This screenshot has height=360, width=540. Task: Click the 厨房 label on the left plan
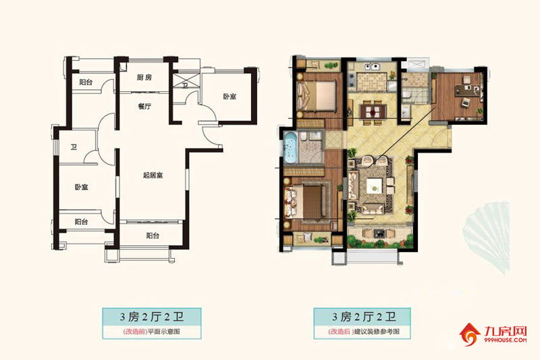tap(144, 78)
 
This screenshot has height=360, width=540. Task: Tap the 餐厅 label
tap(144, 106)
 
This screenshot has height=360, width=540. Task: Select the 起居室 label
tap(153, 175)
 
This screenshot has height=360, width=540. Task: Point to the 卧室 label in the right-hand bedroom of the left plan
tap(230, 97)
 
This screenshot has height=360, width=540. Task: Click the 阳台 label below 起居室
tap(153, 236)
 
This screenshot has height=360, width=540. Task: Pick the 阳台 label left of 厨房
tap(85, 82)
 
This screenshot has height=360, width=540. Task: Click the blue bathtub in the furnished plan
tap(292, 147)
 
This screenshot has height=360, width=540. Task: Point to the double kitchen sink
tap(370, 68)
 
